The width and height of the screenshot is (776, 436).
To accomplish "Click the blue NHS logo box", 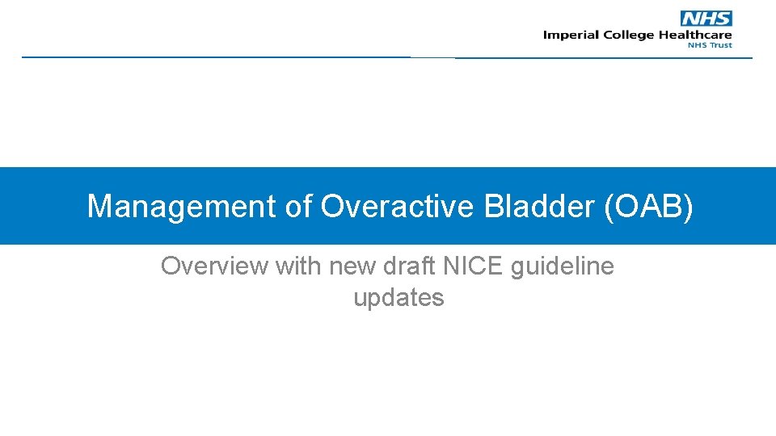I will [706, 19].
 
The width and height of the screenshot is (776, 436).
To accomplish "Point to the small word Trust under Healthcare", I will [721, 45].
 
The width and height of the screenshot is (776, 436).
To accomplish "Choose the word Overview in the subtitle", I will [215, 266].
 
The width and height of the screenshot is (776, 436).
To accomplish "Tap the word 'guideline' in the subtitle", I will [563, 266].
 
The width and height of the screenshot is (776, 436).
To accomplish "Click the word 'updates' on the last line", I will [399, 298].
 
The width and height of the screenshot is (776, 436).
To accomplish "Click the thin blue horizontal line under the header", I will [242, 57].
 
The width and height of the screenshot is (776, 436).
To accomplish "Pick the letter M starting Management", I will [99, 207].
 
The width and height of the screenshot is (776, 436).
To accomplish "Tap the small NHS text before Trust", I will [697, 45].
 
